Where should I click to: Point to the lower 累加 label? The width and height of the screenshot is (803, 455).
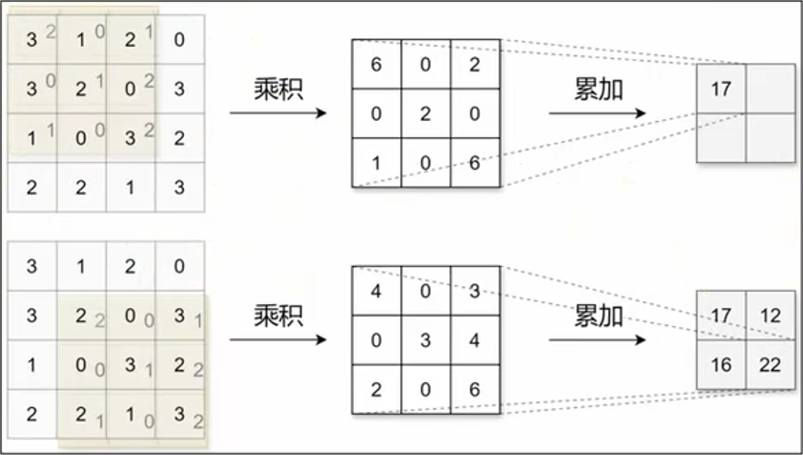[598, 317]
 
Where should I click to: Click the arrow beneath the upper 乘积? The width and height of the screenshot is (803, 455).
[278, 113]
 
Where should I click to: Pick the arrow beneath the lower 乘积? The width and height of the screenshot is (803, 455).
[278, 339]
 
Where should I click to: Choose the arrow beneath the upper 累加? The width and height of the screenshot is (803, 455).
[597, 113]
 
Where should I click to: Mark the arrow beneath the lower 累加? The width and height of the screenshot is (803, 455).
[597, 339]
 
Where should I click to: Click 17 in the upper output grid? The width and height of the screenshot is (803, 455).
[721, 88]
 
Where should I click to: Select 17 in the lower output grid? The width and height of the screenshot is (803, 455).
[721, 316]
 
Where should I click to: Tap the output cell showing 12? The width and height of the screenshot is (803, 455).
[770, 316]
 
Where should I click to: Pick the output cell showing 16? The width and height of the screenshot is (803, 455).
[721, 365]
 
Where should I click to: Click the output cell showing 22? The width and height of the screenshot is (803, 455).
[770, 365]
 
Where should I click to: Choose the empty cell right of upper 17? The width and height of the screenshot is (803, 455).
[770, 88]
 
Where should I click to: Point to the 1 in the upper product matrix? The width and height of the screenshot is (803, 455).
[376, 163]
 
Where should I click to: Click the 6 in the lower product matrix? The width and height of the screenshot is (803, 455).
[475, 389]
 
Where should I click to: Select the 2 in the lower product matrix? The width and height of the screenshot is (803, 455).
[376, 389]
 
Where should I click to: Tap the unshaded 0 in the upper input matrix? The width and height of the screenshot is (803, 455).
[179, 40]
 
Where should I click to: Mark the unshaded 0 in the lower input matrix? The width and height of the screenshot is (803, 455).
[179, 265]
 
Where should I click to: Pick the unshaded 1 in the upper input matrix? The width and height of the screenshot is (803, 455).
[130, 187]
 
